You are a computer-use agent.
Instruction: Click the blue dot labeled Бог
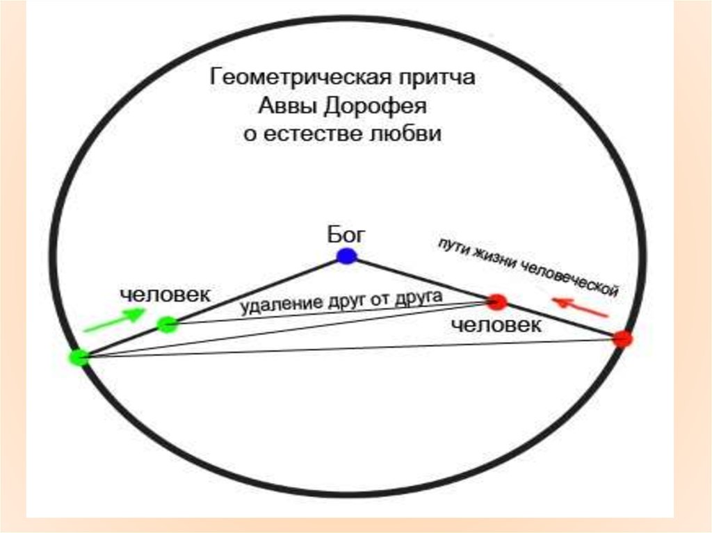pyautogui.click(x=346, y=256)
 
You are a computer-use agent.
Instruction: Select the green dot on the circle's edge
pyautogui.click(x=79, y=357)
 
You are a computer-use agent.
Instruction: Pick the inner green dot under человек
pyautogui.click(x=167, y=324)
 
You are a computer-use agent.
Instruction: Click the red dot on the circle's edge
pyautogui.click(x=622, y=339)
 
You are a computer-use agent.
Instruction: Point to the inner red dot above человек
pyautogui.click(x=497, y=301)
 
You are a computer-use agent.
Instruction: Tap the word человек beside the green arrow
pyautogui.click(x=165, y=295)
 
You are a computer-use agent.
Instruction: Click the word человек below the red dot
pyautogui.click(x=496, y=325)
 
